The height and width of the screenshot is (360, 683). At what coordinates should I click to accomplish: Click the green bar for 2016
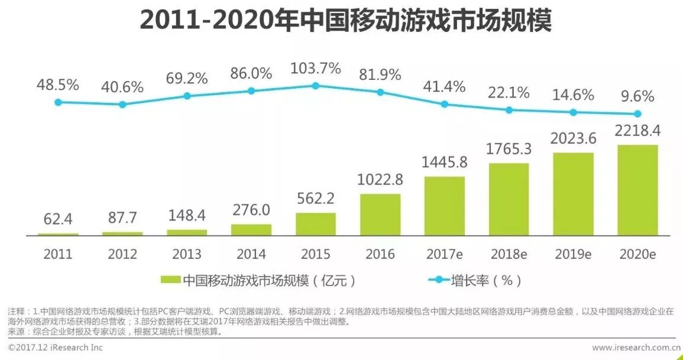(380, 215)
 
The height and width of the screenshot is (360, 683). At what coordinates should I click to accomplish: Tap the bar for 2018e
(509, 199)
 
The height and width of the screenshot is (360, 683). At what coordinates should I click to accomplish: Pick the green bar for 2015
(316, 224)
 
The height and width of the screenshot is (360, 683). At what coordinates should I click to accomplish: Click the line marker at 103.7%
(316, 86)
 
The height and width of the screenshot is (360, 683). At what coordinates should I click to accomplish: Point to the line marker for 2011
(58, 102)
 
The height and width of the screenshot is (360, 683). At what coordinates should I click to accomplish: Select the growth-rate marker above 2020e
(637, 113)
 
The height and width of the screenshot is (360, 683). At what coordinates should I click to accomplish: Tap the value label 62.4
(58, 219)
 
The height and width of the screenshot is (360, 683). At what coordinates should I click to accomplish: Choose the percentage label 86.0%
(251, 74)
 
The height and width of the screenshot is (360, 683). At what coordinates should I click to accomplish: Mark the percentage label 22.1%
(509, 93)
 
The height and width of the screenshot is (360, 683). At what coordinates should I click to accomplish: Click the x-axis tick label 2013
(187, 254)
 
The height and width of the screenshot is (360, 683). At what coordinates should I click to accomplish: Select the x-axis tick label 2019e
(574, 254)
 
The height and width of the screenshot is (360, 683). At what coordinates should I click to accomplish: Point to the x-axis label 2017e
(444, 254)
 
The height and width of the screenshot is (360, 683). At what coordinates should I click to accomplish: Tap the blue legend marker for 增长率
(438, 280)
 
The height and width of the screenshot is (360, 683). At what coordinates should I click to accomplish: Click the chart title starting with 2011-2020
(345, 21)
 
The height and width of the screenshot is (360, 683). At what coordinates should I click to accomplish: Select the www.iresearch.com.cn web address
(636, 348)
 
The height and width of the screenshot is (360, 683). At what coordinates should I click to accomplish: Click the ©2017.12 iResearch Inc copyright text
(56, 348)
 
